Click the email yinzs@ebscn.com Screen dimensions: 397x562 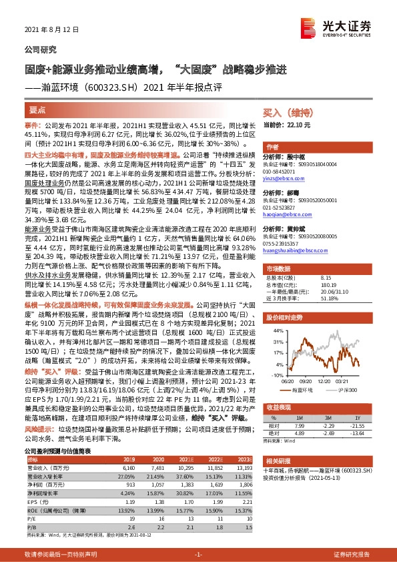tap(283, 179)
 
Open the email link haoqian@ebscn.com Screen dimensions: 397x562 tap(285, 215)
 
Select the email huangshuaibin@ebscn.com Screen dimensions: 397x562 tap(294, 251)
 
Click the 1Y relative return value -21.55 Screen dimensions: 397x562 tap(360, 406)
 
